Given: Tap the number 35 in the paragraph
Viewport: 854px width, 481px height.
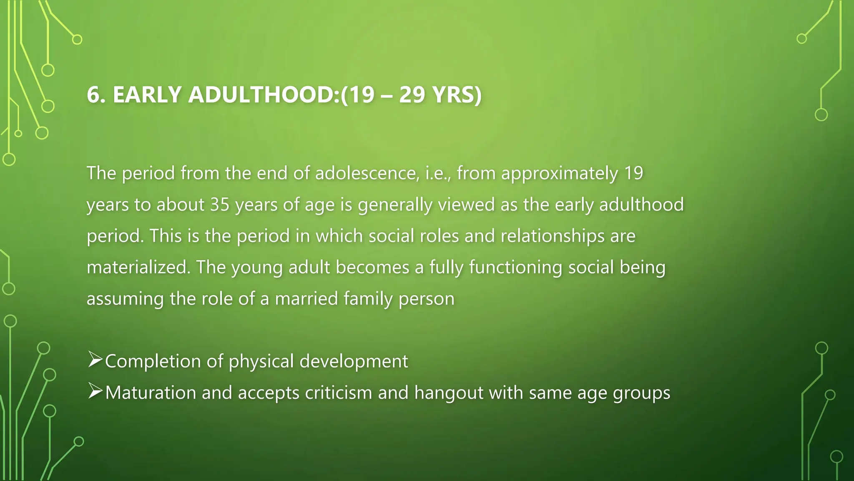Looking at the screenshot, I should click(x=220, y=205).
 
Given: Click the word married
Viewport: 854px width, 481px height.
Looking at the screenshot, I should click(x=306, y=299).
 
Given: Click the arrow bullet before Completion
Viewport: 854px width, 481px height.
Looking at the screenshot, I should click(x=95, y=360).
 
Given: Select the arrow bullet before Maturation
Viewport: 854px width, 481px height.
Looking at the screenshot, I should click(x=95, y=391).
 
